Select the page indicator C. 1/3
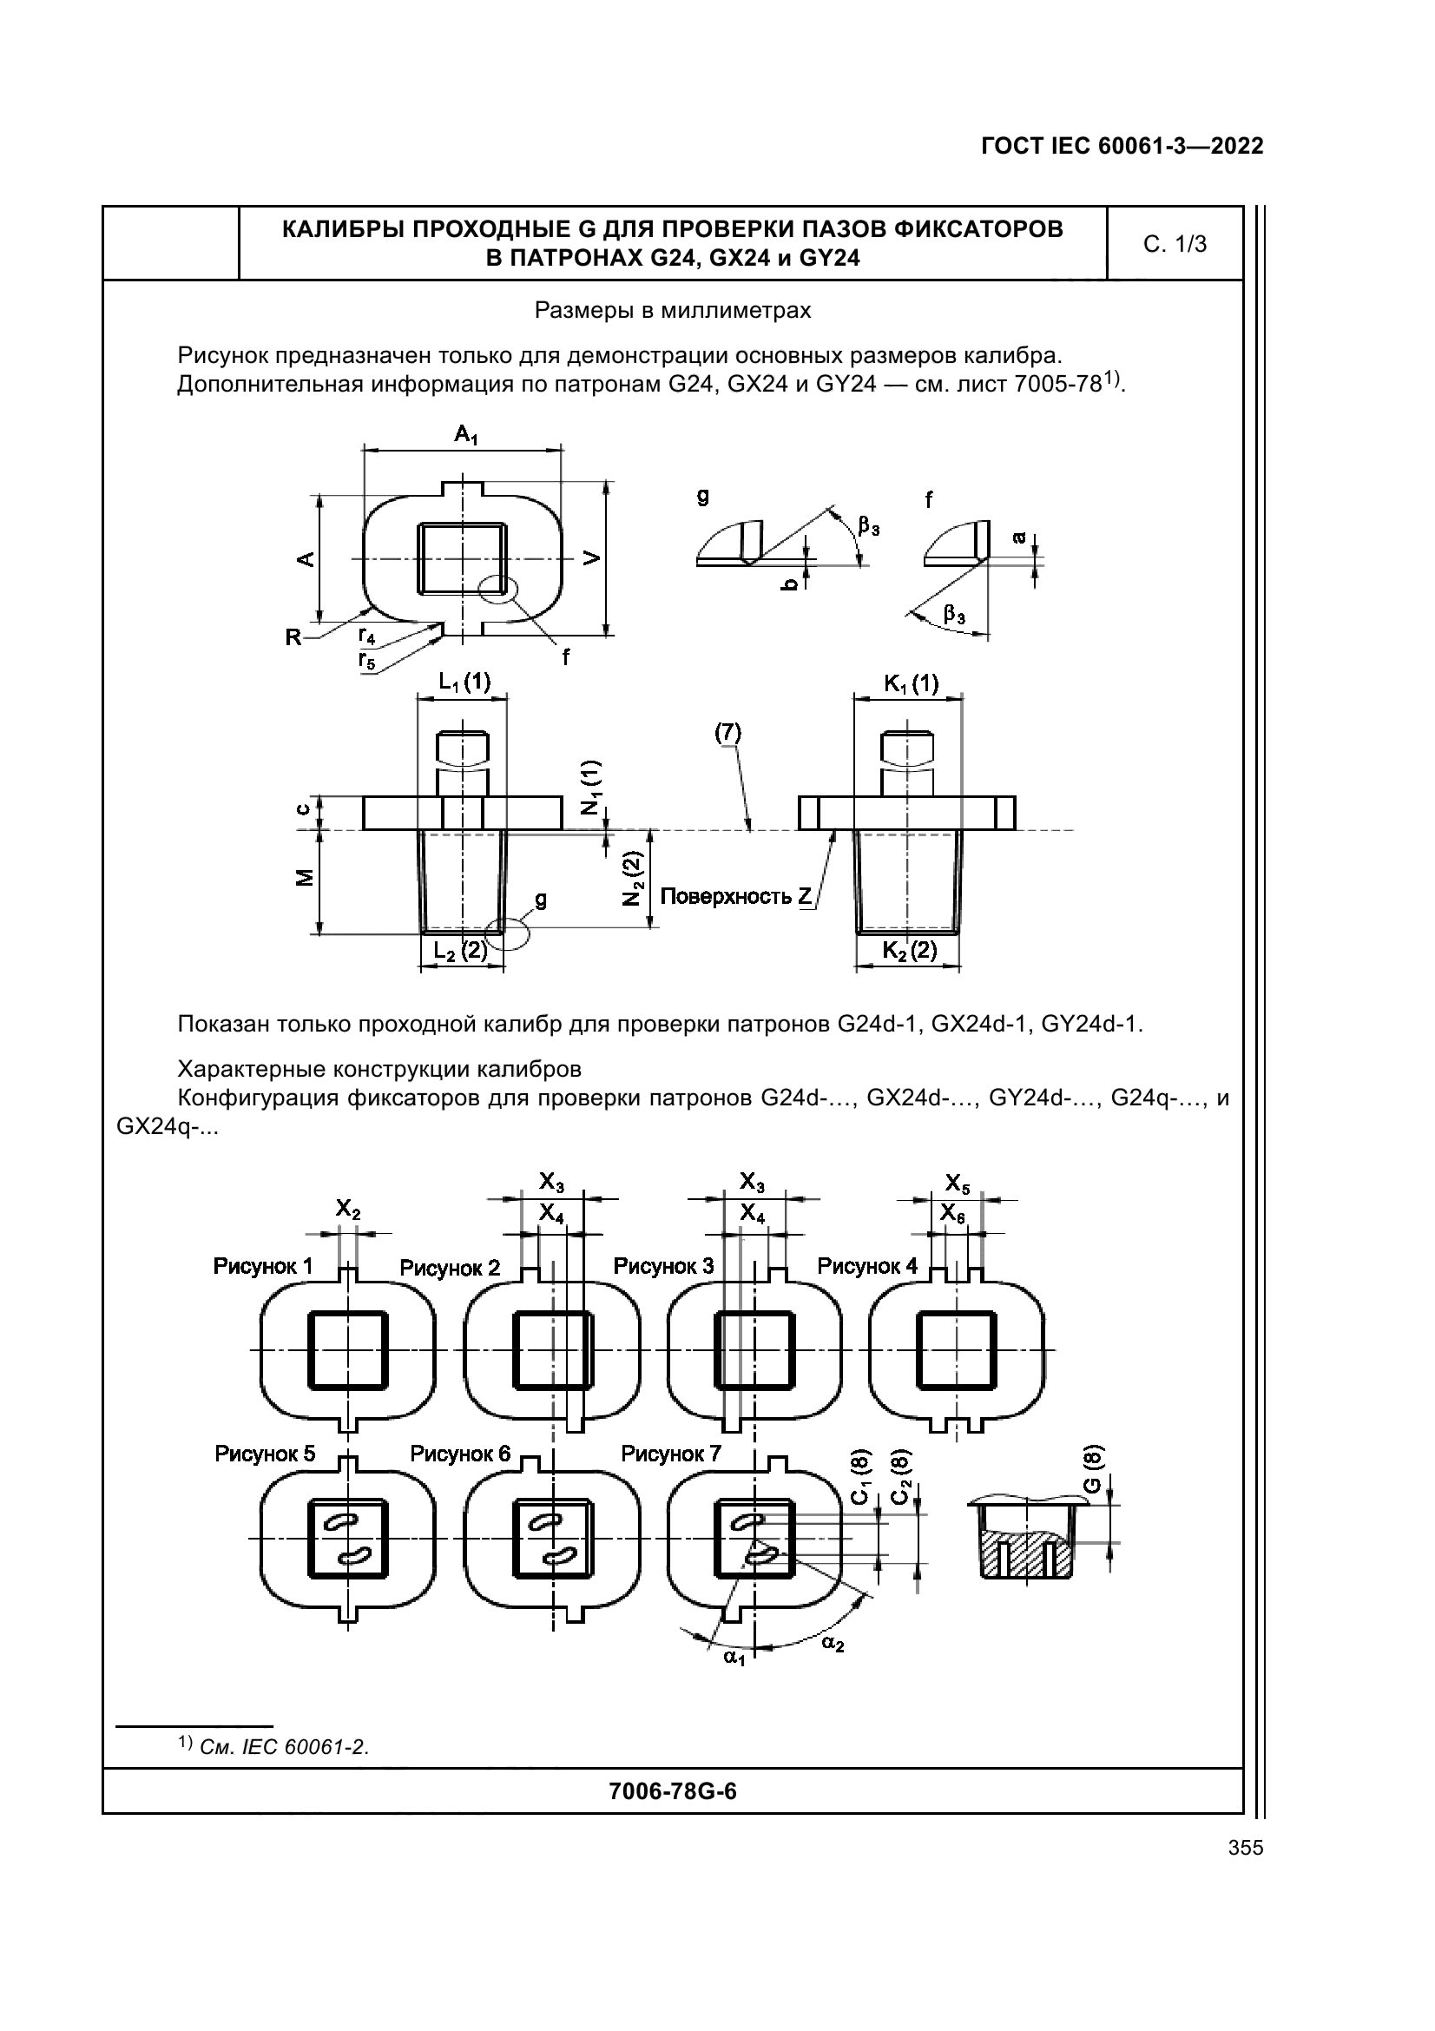(1175, 244)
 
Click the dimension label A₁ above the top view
(466, 434)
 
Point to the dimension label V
(591, 557)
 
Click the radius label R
(293, 636)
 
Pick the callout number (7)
(728, 733)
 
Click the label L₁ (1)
(464, 681)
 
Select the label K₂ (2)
(910, 950)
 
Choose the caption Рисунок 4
(866, 1267)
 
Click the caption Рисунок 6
(460, 1454)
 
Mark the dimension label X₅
(957, 1184)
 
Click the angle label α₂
(832, 1644)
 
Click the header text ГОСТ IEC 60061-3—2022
(1121, 147)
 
